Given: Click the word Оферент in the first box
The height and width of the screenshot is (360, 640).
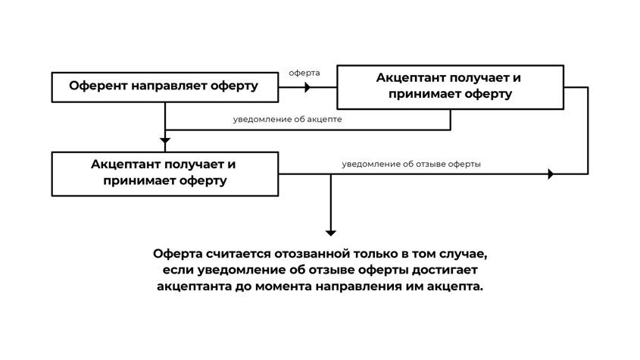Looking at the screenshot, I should [98, 86].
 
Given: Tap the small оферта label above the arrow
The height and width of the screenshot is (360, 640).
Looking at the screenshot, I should [304, 73].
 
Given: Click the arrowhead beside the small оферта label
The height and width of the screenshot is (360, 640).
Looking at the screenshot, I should [307, 87].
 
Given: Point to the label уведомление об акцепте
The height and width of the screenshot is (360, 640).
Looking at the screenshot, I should [287, 119].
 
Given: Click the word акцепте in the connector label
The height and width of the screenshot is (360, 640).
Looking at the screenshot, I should [325, 119].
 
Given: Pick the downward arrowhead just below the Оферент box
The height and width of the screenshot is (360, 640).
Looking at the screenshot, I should [165, 140].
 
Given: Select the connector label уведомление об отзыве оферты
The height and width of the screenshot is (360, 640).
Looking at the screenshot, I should [411, 164].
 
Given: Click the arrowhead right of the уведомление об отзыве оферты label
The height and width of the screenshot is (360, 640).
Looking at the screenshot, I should [551, 174].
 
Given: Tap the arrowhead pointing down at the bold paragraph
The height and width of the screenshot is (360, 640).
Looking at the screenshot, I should [330, 232].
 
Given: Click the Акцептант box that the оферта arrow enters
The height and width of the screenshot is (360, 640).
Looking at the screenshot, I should [450, 86].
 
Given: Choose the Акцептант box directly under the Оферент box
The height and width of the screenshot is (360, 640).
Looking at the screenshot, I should [164, 173].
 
